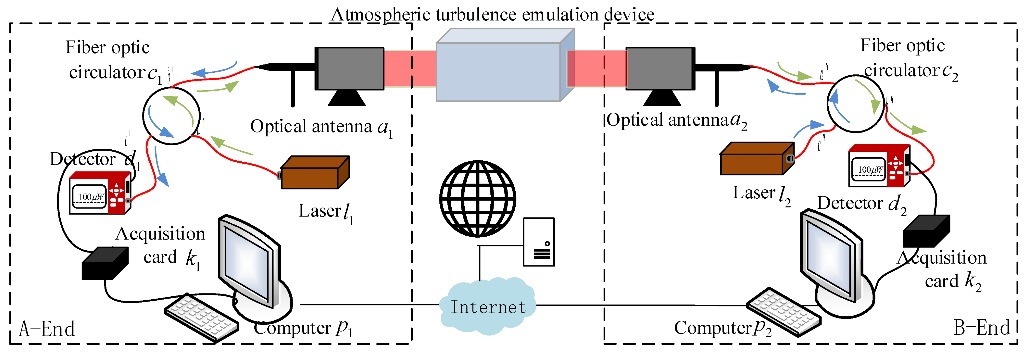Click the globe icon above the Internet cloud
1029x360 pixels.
pyautogui.click(x=477, y=199)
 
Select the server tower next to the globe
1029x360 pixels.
pyautogui.click(x=539, y=242)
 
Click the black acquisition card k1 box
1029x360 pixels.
pyautogui.click(x=105, y=264)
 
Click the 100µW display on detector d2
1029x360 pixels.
pyautogui.click(x=869, y=170)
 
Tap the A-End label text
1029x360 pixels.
pyautogui.click(x=47, y=329)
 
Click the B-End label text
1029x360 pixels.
pyautogui.click(x=981, y=328)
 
